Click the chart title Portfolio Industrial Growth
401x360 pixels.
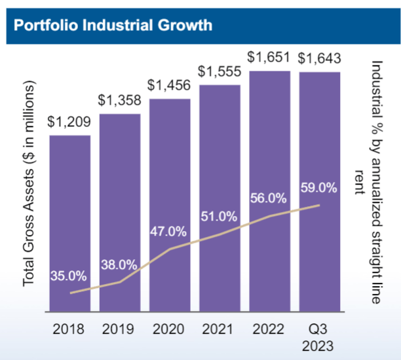click(x=113, y=26)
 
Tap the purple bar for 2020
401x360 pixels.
click(x=170, y=196)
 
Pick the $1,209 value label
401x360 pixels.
click(x=69, y=122)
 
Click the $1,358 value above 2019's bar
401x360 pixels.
click(x=119, y=101)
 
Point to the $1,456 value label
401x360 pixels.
click(x=170, y=85)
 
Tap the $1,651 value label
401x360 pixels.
click(x=269, y=58)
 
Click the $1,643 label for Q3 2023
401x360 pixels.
click(x=320, y=58)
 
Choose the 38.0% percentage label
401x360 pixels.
click(x=119, y=265)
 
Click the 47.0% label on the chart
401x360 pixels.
click(x=168, y=231)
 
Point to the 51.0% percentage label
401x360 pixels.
click(x=219, y=215)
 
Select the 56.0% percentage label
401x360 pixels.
click(x=269, y=198)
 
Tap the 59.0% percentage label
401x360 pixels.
click(x=318, y=189)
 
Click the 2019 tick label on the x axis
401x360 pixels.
click(x=119, y=329)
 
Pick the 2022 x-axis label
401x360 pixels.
click(x=269, y=329)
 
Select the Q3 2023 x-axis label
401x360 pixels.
click(x=320, y=336)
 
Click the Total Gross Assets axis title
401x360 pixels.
click(x=29, y=183)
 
